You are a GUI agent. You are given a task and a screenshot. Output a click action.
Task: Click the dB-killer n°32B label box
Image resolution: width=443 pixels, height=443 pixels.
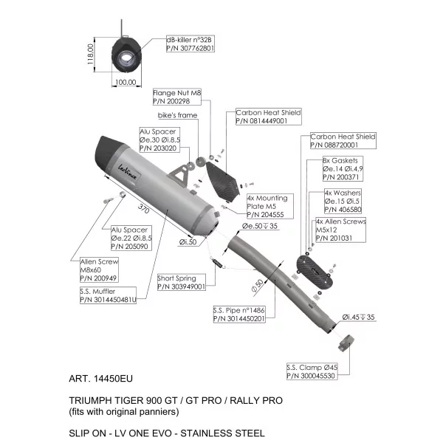click(x=190, y=44)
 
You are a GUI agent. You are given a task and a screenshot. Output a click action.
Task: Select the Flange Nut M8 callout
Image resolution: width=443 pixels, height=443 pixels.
click(x=177, y=97)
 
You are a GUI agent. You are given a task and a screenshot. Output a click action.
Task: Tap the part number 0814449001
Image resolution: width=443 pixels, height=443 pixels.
click(x=261, y=121)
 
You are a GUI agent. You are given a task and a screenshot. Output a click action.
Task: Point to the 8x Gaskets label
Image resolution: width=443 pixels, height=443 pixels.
click(x=343, y=168)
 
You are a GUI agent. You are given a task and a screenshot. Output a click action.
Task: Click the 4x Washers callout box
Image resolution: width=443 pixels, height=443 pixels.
click(x=343, y=201)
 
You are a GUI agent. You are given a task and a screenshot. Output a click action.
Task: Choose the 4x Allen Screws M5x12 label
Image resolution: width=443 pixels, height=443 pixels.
click(x=340, y=230)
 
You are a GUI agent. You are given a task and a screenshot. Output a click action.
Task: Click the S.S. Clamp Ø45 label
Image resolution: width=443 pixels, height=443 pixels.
click(x=312, y=371)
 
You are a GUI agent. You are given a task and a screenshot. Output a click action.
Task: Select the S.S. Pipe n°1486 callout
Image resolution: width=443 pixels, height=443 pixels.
click(x=239, y=315)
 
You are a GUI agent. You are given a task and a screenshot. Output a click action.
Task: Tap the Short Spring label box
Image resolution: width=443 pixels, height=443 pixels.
click(x=182, y=282)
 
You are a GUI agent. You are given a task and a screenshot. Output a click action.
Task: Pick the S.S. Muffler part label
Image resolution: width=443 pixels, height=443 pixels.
click(x=108, y=295)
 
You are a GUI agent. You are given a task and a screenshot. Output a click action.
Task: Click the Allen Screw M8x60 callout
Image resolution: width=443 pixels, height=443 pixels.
click(x=99, y=269)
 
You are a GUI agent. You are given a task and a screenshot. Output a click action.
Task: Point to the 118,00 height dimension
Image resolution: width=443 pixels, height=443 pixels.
click(x=90, y=54)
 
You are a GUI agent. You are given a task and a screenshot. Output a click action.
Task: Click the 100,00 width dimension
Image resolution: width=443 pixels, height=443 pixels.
click(x=126, y=82)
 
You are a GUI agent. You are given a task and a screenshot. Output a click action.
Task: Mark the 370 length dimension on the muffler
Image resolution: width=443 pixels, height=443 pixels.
click(x=143, y=209)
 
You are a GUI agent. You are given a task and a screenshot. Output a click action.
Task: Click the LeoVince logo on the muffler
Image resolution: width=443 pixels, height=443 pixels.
click(x=128, y=172)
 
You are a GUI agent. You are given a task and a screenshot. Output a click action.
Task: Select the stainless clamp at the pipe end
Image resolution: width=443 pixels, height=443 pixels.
click(x=346, y=343)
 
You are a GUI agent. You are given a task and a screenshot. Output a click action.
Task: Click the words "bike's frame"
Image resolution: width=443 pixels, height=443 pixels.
click(x=177, y=115)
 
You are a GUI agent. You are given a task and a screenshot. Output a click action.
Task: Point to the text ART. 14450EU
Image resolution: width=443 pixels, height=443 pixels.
click(x=101, y=379)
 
